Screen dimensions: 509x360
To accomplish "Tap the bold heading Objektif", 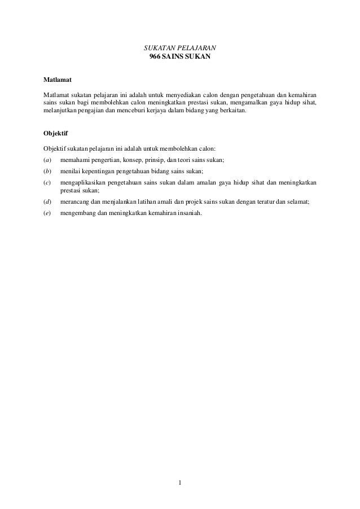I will point(55,133).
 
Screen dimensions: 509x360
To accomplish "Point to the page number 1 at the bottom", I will point(179,482).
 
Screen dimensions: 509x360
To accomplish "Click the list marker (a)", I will point(47,160).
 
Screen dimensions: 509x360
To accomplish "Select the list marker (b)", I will point(47,172).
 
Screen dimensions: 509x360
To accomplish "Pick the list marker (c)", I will point(47,183).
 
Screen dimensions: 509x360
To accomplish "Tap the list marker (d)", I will point(47,202).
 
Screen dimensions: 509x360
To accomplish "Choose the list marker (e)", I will point(47,213).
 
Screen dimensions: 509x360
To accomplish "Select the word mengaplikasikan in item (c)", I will point(84,183).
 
